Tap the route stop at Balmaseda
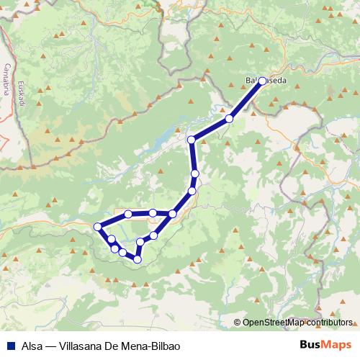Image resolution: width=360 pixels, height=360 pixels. tap(262, 81)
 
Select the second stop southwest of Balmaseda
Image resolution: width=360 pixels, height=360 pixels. tap(192, 140)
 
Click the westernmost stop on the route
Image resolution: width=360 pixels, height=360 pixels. tap(98, 227)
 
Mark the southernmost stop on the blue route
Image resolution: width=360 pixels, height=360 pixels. tap(138, 259)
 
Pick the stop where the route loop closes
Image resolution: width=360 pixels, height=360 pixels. tap(173, 214)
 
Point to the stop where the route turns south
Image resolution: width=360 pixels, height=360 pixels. tap(192, 140)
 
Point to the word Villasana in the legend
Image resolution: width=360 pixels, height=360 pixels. tap(82, 346)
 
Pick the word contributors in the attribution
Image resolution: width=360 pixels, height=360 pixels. tap(329, 322)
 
